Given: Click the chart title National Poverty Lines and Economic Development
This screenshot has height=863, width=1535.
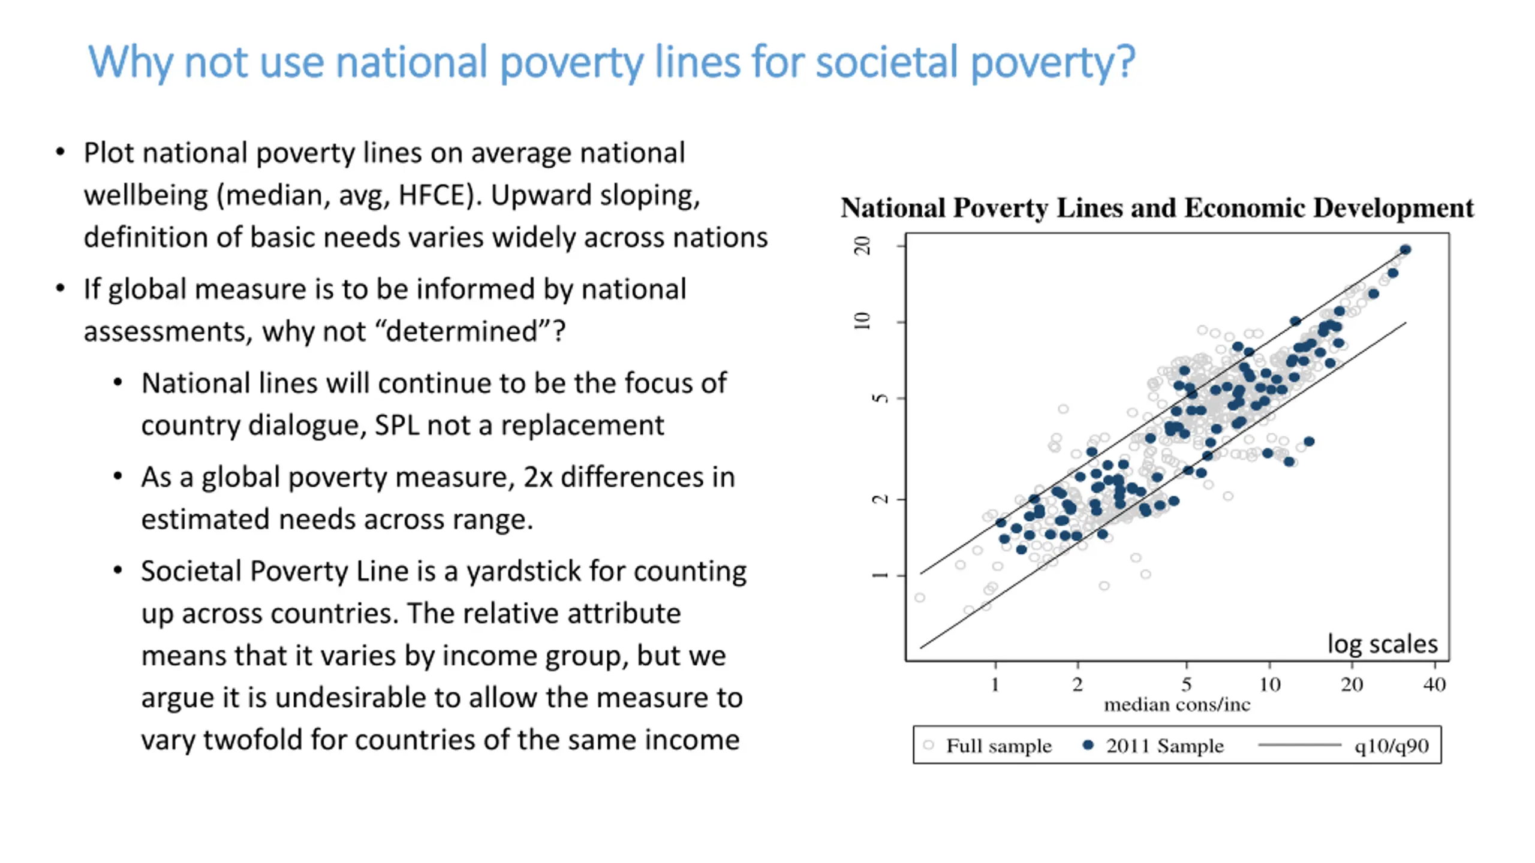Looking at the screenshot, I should point(1157,208).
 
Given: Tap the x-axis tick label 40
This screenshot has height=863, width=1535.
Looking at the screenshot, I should point(1434,684).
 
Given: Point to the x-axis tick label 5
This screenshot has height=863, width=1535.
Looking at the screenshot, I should point(1186,684).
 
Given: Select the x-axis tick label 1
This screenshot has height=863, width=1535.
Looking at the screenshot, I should point(995,684).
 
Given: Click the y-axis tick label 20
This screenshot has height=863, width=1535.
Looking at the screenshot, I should point(862,246).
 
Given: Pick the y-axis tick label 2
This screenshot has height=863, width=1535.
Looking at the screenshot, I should point(879,499).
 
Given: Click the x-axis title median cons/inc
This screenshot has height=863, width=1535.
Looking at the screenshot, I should point(1177,705).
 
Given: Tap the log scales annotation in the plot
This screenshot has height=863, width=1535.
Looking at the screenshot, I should point(1382,644).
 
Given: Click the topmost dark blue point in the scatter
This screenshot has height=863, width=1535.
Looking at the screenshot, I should point(1405,249).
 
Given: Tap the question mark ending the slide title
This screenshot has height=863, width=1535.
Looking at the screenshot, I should point(1125,62).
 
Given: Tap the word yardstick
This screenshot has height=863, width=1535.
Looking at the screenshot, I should point(523,571).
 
